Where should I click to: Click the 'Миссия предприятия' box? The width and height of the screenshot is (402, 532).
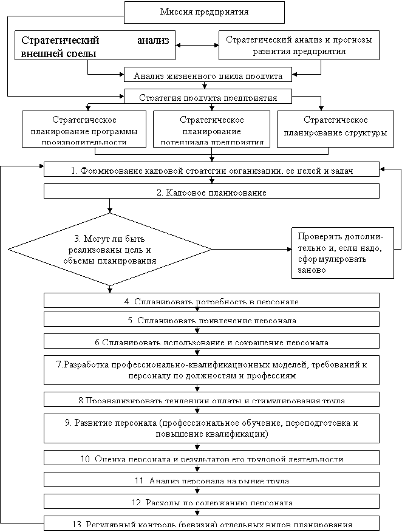(204, 12)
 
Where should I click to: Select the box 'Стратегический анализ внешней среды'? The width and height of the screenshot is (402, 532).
(95, 46)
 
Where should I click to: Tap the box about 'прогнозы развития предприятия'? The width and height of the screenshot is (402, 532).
(299, 46)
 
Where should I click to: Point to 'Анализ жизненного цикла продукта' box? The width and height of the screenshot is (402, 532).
(208, 75)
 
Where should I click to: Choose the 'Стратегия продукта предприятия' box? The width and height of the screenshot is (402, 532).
(208, 97)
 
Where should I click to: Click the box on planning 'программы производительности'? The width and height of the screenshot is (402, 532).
(84, 129)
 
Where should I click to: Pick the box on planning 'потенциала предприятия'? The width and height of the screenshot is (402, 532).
(212, 129)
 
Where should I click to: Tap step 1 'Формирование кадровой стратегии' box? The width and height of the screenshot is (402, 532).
(211, 169)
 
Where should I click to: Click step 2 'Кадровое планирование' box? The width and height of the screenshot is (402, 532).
(211, 191)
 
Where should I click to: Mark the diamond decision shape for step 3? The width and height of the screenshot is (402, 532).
(110, 249)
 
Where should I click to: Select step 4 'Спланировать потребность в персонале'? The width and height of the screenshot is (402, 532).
(211, 301)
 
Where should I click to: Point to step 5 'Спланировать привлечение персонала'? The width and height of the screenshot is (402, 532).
(211, 319)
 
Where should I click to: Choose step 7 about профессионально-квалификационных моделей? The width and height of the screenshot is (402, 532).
(211, 370)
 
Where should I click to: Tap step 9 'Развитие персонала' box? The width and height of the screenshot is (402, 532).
(211, 428)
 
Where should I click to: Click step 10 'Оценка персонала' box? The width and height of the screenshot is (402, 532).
(211, 458)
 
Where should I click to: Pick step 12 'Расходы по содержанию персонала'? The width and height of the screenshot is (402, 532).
(211, 502)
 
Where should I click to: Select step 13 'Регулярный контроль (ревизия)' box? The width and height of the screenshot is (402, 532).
(211, 523)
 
